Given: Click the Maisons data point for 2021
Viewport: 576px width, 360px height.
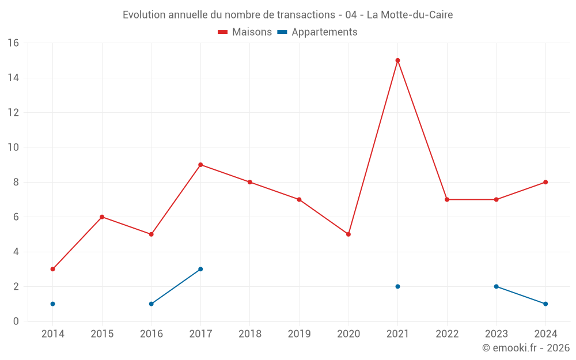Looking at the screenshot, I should [x=397, y=60].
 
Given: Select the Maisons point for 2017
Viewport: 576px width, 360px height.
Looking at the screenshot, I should [x=200, y=165].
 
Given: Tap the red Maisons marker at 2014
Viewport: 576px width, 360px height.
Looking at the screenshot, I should [x=53, y=269].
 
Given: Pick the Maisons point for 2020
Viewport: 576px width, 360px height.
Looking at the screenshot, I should [x=348, y=234].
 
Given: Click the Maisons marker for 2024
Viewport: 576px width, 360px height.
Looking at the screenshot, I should [x=545, y=182].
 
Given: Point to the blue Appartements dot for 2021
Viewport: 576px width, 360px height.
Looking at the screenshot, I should [x=397, y=286].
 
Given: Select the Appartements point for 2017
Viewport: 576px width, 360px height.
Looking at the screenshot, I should [x=200, y=269].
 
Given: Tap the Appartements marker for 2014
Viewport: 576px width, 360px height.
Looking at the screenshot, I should [x=53, y=304].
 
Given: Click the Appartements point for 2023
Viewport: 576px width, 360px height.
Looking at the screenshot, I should [x=496, y=286].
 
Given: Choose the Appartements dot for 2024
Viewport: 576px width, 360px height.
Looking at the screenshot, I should [x=545, y=304].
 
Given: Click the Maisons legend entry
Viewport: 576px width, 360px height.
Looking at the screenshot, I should [x=245, y=32].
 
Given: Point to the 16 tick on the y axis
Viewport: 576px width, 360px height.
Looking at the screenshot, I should [x=13, y=43].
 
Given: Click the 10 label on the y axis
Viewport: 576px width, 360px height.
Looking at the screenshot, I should [x=13, y=147].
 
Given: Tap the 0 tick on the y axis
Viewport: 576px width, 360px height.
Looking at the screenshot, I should [x=16, y=321].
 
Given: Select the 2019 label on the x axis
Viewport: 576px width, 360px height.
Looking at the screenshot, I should [x=299, y=334].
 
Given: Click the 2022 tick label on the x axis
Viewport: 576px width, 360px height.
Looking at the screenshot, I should [x=447, y=334].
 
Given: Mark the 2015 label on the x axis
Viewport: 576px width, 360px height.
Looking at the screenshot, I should [x=102, y=334].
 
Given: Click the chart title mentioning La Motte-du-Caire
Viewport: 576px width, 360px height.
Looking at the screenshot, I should [x=287, y=15].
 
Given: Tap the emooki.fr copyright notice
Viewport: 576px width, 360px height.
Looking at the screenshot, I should [x=525, y=348].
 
